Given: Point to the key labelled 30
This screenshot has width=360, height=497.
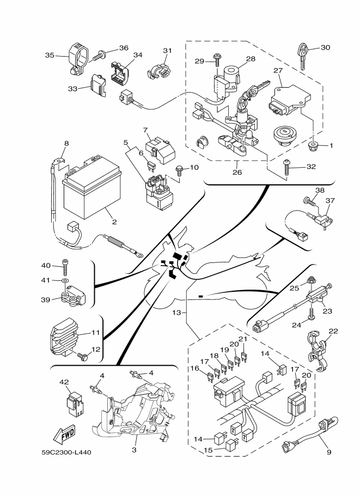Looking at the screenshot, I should [303, 54].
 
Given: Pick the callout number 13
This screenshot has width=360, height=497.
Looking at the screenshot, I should [176, 312].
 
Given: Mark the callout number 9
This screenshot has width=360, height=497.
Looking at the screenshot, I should [329, 451].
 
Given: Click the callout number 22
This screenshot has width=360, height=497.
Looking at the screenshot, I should [333, 331].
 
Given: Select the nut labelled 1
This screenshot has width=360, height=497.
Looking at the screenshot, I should [314, 146].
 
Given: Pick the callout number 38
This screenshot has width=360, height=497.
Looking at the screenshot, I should [320, 191].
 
